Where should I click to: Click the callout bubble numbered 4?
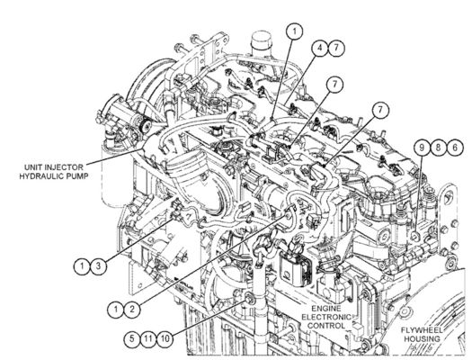pyautogui.click(x=320, y=48)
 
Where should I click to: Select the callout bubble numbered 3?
pyautogui.click(x=98, y=266)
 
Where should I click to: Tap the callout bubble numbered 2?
pyautogui.click(x=131, y=309)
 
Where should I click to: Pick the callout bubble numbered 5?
pyautogui.click(x=132, y=338)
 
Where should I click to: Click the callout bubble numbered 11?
pyautogui.click(x=148, y=338)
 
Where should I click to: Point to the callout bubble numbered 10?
pyautogui.click(x=165, y=338)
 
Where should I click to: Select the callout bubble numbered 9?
pyautogui.click(x=422, y=148)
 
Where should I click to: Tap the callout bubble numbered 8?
pyautogui.click(x=439, y=148)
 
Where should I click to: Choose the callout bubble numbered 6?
pyautogui.click(x=455, y=148)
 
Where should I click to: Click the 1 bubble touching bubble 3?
pyautogui.click(x=82, y=266)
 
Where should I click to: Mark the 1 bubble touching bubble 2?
pyautogui.click(x=115, y=309)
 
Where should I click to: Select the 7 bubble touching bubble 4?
pyautogui.click(x=336, y=48)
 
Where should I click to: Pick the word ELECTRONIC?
pyautogui.click(x=326, y=317)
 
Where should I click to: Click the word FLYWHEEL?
pyautogui.click(x=422, y=330)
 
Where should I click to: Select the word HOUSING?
pyautogui.click(x=422, y=339)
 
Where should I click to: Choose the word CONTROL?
pyautogui.click(x=326, y=326)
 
